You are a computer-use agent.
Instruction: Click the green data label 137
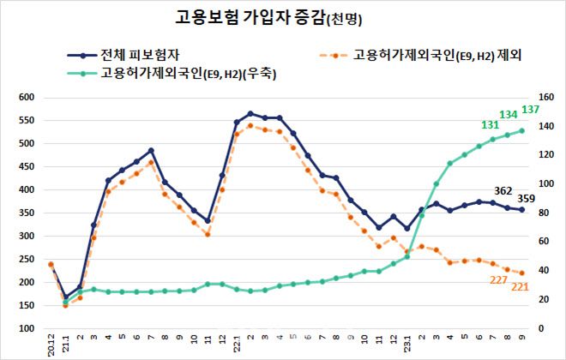[530, 111]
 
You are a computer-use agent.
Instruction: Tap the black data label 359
[527, 199]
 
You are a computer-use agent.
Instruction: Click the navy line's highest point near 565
[250, 113]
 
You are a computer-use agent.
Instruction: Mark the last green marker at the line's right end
[521, 130]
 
